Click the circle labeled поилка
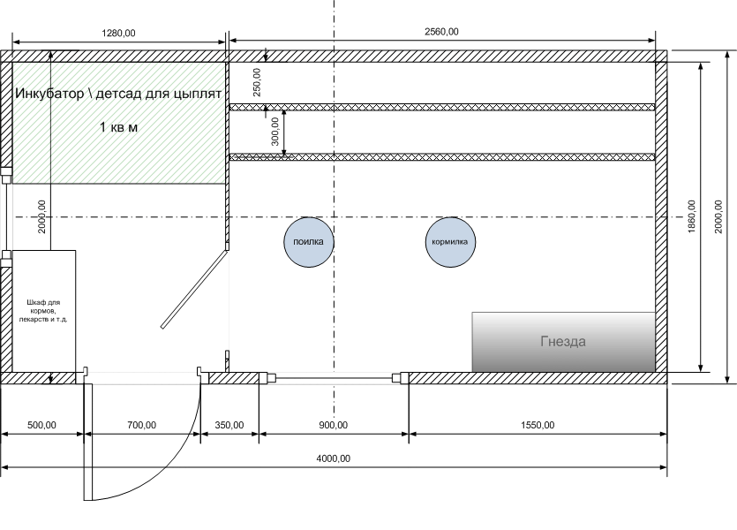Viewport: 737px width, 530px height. pyautogui.click(x=309, y=241)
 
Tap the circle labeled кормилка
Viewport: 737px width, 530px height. pyautogui.click(x=451, y=241)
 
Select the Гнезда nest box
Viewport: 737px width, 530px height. pyautogui.click(x=563, y=341)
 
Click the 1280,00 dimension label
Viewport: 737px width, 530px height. pyautogui.click(x=119, y=33)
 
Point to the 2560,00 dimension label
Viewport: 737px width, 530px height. pyautogui.click(x=441, y=33)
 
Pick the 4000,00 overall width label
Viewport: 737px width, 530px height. pyautogui.click(x=333, y=458)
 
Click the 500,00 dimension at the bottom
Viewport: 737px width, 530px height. pyautogui.click(x=41, y=425)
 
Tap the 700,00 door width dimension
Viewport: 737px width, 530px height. pyautogui.click(x=141, y=425)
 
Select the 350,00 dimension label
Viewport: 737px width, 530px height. pyautogui.click(x=229, y=425)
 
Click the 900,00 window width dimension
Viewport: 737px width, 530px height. pyautogui.click(x=333, y=425)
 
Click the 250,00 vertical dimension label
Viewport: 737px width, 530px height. pyautogui.click(x=257, y=82)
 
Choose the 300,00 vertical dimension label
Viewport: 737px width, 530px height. pyautogui.click(x=274, y=132)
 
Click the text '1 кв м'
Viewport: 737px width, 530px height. pyautogui.click(x=119, y=127)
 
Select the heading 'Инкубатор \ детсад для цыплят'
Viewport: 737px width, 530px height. pyautogui.click(x=118, y=92)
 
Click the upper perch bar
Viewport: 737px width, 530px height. pyautogui.click(x=441, y=107)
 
